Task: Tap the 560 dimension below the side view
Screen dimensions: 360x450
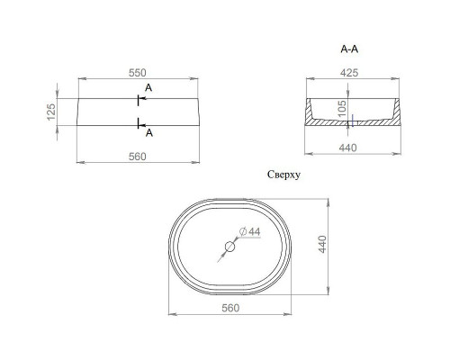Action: pos(138,156)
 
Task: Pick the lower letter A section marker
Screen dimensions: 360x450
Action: pos(148,131)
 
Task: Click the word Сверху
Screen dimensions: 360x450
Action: pos(284,176)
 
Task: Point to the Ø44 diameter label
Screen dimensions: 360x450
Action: pos(252,232)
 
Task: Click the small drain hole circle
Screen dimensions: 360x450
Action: pos(229,247)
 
